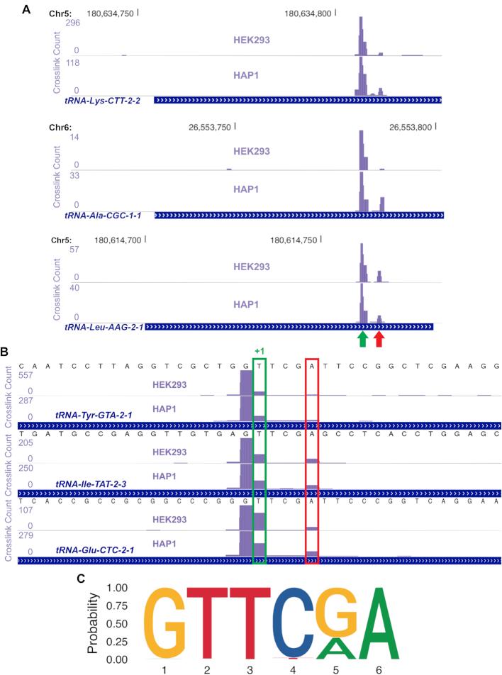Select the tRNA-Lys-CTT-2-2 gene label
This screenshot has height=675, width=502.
[x=102, y=101]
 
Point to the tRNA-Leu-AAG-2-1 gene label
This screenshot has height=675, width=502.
[x=104, y=327]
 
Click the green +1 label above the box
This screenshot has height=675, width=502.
[x=260, y=350]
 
